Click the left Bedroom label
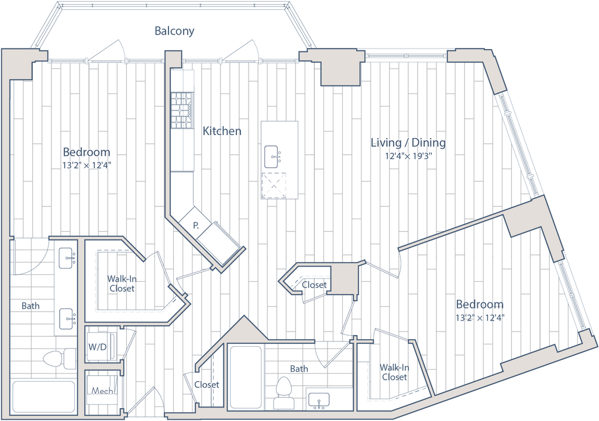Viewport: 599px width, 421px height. [x=87, y=152]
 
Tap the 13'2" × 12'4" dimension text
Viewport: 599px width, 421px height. [x=87, y=165]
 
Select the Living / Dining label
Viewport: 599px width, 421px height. [x=408, y=143]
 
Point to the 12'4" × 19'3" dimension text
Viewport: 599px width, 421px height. [x=408, y=157]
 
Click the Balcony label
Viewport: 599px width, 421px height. [x=174, y=32]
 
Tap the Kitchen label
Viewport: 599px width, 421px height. [x=222, y=132]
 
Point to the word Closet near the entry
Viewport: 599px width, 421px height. [x=207, y=385]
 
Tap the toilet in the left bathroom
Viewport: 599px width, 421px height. [x=59, y=358]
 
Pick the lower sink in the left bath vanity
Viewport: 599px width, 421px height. [x=67, y=318]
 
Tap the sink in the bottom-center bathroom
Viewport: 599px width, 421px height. [x=316, y=399]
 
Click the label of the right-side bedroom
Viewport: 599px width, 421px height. [x=480, y=305]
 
